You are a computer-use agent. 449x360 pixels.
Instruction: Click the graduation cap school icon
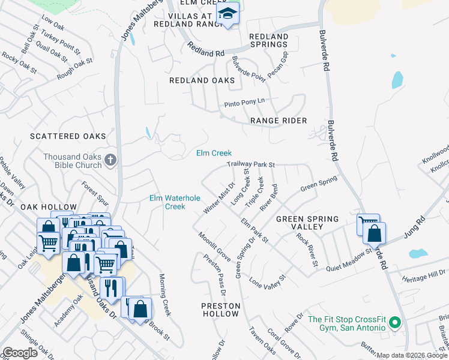(228, 13)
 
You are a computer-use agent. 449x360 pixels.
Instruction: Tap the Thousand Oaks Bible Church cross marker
(109, 160)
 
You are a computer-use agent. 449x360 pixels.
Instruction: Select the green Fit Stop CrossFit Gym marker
(394, 323)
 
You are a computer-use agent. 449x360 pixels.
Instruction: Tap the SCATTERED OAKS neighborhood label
(68, 137)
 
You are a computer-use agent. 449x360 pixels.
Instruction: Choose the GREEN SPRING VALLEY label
(307, 223)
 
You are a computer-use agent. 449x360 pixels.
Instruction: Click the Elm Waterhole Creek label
(175, 202)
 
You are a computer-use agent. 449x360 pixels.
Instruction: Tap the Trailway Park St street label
(250, 164)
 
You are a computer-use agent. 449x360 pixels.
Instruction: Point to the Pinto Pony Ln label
(244, 103)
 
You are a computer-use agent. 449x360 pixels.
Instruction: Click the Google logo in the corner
(20, 353)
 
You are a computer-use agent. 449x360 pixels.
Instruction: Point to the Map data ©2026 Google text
(412, 355)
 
